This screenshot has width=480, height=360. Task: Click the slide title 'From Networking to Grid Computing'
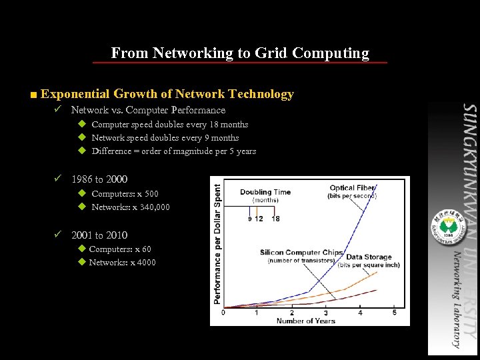point(240,53)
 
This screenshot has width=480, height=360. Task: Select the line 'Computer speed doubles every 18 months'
point(169,125)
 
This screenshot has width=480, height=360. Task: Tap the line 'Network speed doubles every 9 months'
point(165,138)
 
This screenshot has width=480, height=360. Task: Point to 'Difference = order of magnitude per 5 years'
point(173,151)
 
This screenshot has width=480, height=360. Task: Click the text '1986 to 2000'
point(99,179)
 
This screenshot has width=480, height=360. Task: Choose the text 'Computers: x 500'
point(125,194)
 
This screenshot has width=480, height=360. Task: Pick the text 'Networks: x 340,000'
point(130,207)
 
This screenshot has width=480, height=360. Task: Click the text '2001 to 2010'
point(99,235)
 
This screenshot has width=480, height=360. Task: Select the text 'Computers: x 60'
point(119,249)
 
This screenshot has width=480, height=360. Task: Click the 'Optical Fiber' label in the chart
point(352,188)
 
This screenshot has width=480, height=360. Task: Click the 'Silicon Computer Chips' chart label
point(301,253)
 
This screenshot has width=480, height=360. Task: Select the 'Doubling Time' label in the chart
point(265,192)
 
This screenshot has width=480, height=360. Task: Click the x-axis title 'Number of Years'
point(305,321)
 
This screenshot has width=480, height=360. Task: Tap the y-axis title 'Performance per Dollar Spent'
point(217,244)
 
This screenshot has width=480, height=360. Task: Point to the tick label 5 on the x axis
point(394,313)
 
